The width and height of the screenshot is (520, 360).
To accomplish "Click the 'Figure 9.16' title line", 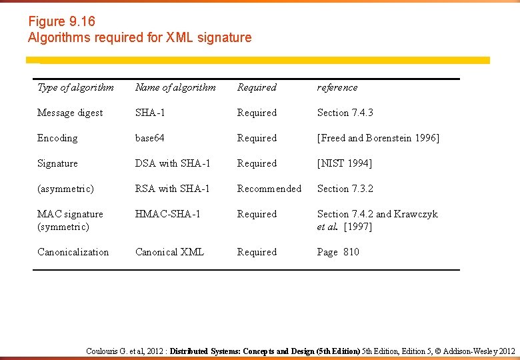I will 61,22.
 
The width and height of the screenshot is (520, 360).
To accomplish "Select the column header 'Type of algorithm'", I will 75,87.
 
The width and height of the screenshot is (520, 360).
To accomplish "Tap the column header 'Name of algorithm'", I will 175,87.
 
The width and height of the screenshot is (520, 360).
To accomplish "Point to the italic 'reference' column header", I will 337,87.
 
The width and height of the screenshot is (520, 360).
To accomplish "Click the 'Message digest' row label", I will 70,113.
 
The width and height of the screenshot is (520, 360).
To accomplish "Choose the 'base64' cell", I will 149,138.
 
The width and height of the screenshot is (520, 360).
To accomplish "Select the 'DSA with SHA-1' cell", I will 173,163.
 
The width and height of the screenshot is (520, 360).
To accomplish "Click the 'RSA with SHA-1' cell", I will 172,189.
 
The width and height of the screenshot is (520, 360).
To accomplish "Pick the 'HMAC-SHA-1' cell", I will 167,214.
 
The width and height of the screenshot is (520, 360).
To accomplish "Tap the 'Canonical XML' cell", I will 169,252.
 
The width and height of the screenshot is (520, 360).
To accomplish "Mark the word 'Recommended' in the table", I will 269,189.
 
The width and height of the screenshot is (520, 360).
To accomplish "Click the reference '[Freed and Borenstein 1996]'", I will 378,138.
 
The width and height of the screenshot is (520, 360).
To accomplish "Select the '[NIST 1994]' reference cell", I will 344,163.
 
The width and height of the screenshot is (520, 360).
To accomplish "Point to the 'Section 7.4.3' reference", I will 345,113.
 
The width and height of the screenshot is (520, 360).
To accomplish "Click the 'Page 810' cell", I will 337,252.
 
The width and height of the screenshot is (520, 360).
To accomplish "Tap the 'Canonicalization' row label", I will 73,252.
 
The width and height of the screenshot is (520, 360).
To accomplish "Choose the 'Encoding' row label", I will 57,138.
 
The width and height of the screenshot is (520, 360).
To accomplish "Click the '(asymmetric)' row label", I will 65,189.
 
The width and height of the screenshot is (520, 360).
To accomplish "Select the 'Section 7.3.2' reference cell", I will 345,189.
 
